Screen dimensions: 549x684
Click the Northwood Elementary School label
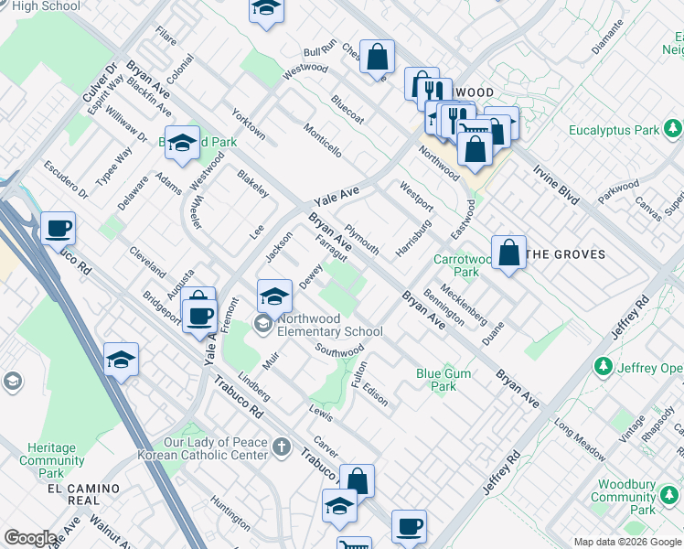(x=330, y=325)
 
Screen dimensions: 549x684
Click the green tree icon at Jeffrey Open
(x=603, y=367)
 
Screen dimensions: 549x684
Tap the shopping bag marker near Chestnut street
(x=377, y=57)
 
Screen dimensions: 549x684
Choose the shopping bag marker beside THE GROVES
(x=508, y=253)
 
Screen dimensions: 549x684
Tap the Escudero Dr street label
(x=65, y=179)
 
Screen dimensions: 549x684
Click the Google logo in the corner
(x=30, y=538)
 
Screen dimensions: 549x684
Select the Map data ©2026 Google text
(x=625, y=542)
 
